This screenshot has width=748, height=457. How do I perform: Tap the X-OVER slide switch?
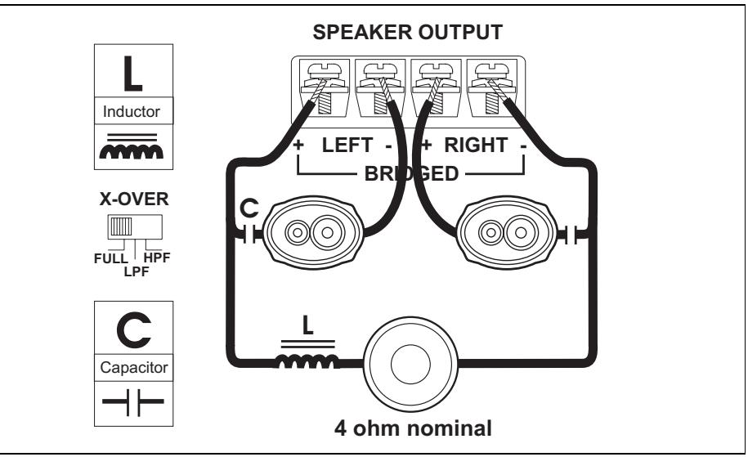pos(131,226)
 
